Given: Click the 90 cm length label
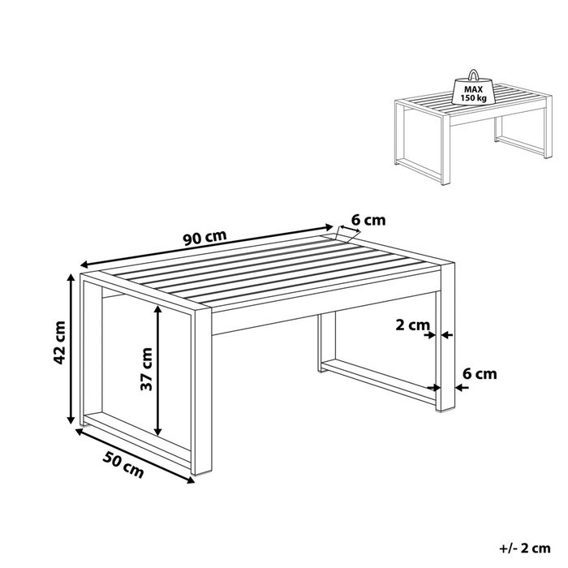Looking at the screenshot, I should [x=203, y=239].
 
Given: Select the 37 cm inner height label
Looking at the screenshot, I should [x=146, y=369].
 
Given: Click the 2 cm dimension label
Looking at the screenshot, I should [x=412, y=325].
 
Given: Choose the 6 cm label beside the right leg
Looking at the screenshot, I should [x=478, y=374].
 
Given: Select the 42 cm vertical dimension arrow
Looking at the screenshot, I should [x=70, y=349].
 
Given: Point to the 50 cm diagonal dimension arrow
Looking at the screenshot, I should [x=135, y=454].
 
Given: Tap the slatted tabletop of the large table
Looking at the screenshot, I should [x=268, y=272].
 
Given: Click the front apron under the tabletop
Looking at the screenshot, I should [x=325, y=321].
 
